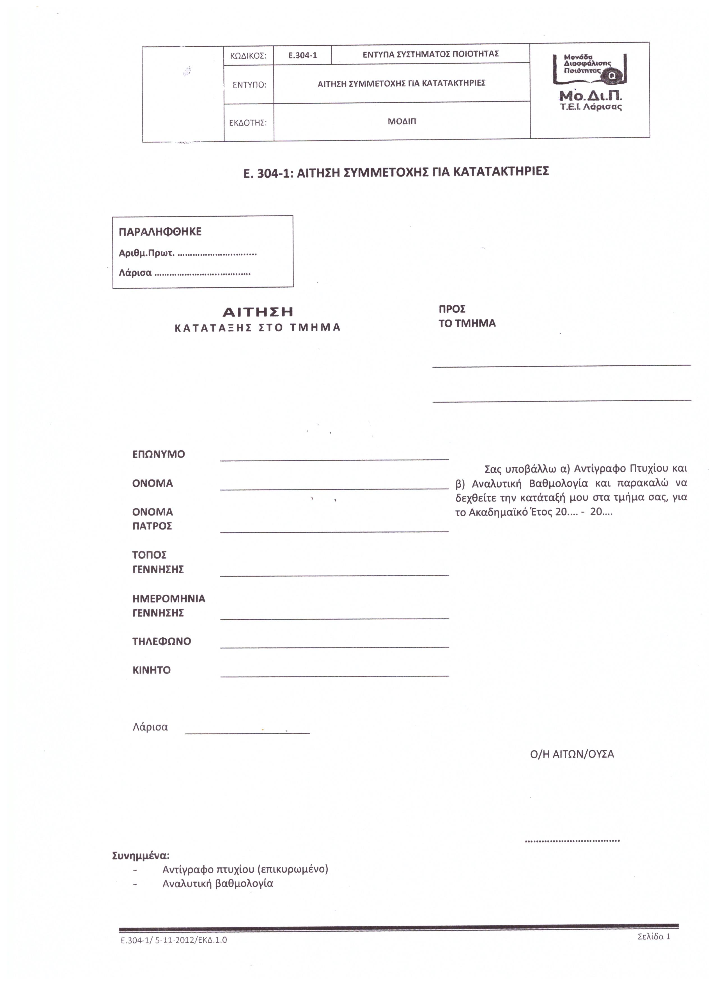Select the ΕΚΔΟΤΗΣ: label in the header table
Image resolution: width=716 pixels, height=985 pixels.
248,123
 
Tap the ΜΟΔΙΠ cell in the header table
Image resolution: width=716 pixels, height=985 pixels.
402,122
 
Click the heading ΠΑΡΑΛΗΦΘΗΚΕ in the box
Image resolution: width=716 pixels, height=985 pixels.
160,232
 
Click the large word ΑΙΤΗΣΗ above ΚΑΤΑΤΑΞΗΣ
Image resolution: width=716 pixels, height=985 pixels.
258,312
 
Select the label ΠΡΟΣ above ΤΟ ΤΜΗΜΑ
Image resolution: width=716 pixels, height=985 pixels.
452,309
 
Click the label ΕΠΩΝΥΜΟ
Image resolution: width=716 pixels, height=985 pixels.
159,455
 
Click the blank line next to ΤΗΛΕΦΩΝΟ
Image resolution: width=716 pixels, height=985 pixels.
334,645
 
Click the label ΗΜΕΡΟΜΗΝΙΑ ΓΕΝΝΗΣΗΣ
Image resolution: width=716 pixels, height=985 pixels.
168,606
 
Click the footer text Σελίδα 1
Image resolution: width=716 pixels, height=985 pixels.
654,936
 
